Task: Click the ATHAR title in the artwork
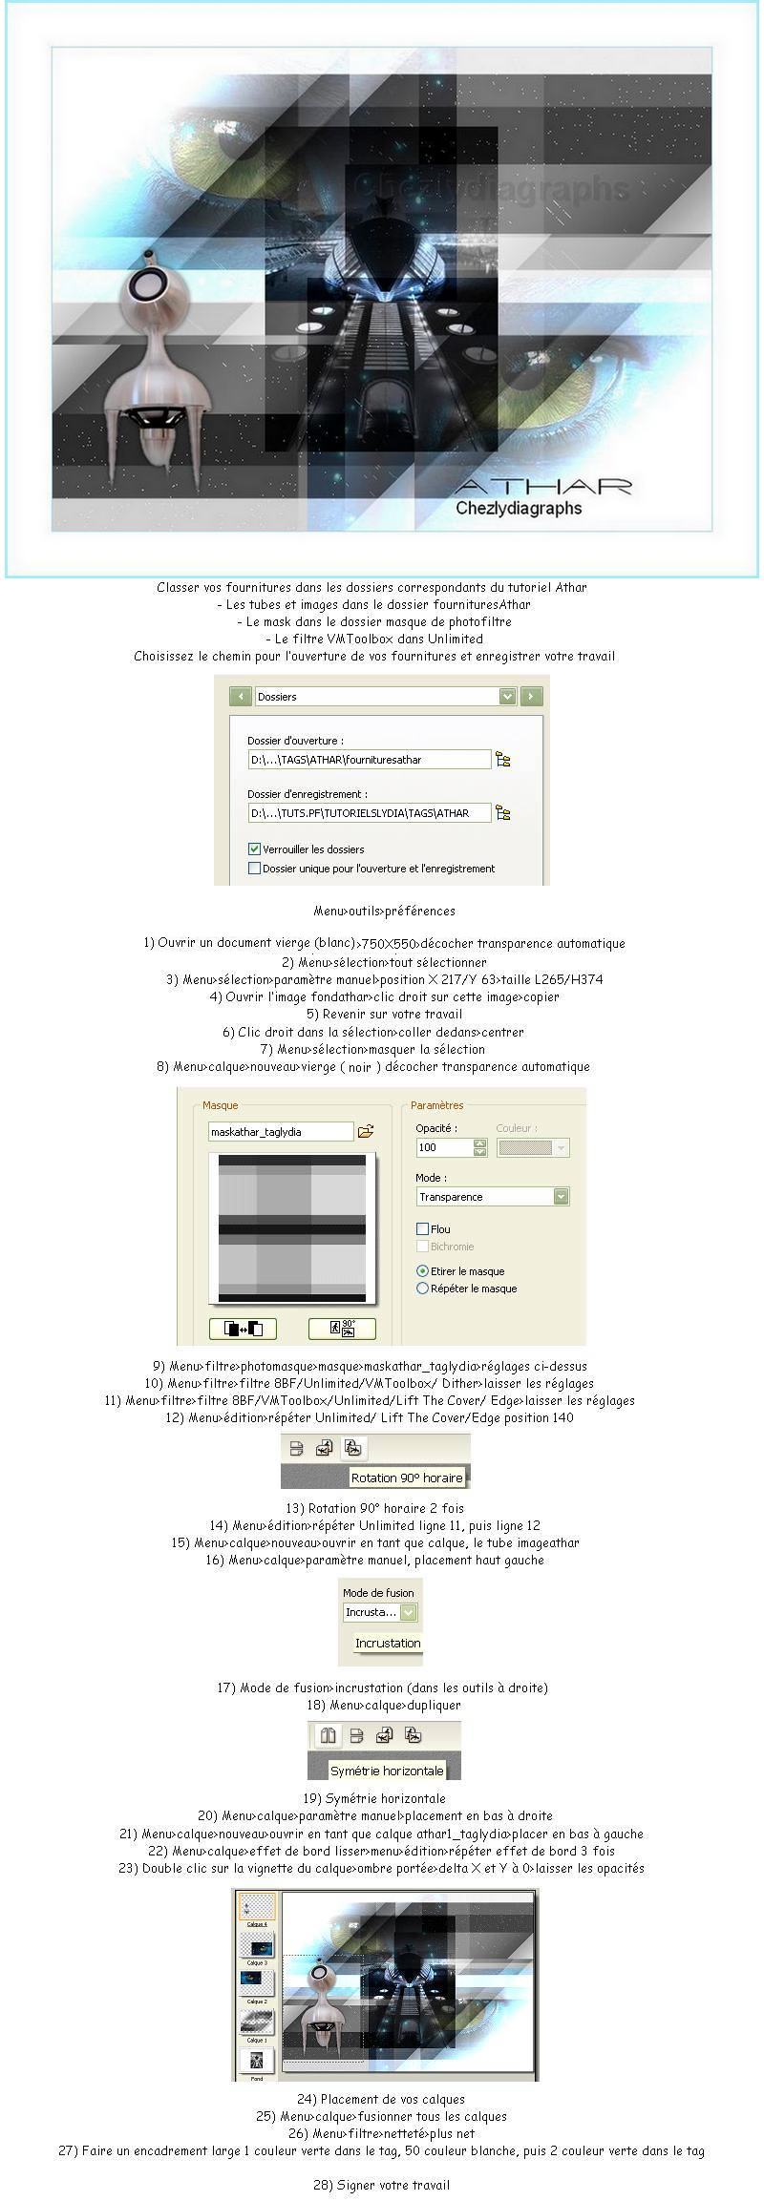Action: [543, 486]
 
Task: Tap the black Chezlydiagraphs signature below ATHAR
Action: [519, 508]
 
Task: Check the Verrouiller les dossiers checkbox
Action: [255, 849]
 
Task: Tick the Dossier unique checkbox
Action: [255, 869]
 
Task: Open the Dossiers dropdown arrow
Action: [507, 697]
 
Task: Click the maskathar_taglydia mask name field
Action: [281, 1132]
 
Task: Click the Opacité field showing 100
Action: [444, 1147]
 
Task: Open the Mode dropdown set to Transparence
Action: [561, 1197]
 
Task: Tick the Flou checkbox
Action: [423, 1229]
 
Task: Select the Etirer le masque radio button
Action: [423, 1271]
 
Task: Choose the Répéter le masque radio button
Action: [423, 1289]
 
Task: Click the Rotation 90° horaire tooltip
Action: [406, 1478]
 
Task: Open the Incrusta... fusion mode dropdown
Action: [409, 1612]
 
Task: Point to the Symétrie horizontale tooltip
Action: [387, 1771]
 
